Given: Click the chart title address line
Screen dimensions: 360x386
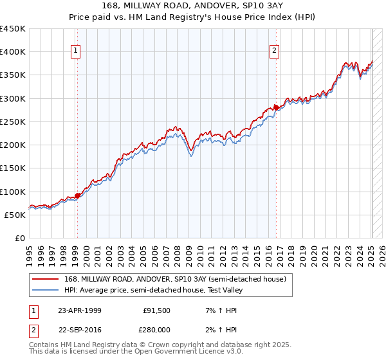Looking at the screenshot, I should click(x=193, y=5).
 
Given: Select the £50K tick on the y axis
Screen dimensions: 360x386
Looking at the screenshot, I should click(x=15, y=215).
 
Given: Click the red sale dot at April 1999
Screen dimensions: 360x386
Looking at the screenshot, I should click(x=77, y=195).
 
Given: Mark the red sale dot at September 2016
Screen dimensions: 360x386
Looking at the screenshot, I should click(x=276, y=107).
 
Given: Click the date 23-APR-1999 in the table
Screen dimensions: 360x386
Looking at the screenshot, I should click(x=79, y=310).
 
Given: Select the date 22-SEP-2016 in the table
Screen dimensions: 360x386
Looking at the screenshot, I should click(x=79, y=328).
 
